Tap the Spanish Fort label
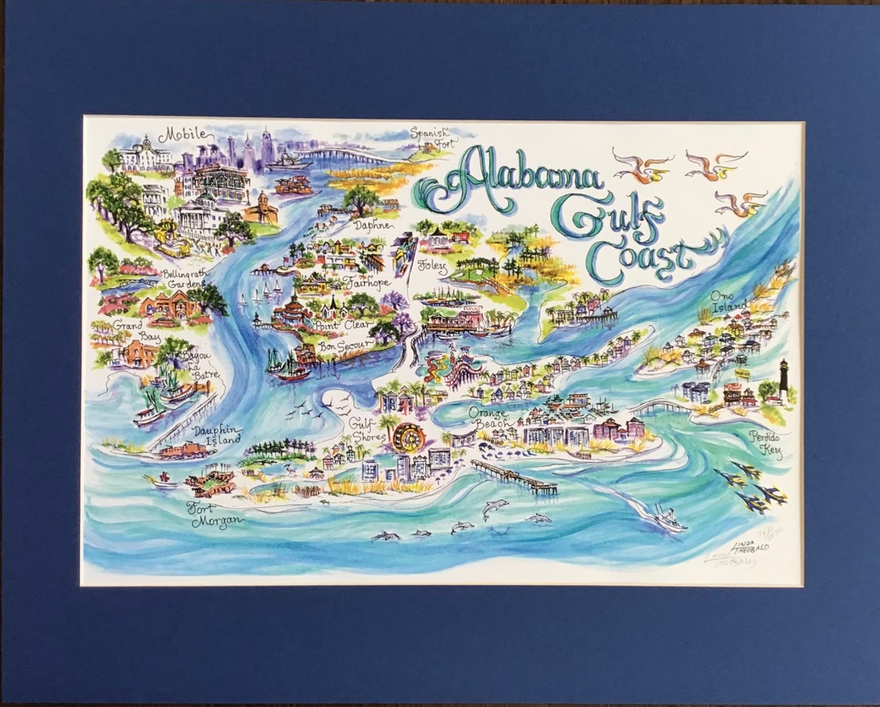(x=429, y=136)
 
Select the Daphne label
(x=373, y=224)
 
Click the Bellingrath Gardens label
(x=182, y=279)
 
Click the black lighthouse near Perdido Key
(x=784, y=380)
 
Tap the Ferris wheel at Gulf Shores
(x=407, y=438)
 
